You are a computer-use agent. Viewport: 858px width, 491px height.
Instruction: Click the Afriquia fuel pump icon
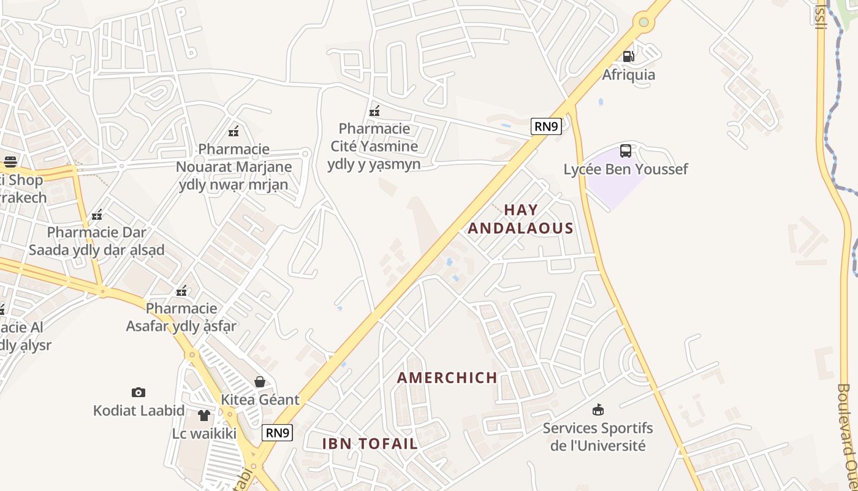click(x=628, y=56)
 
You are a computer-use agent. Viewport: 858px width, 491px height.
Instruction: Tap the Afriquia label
click(x=628, y=75)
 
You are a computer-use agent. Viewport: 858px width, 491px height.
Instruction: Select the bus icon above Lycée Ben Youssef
click(x=625, y=151)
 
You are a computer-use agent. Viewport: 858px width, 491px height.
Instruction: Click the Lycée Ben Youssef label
click(x=625, y=169)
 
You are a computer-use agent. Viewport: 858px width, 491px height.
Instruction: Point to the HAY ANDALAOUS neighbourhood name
click(x=520, y=219)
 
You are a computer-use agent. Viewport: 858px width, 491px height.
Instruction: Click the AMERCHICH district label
click(x=447, y=377)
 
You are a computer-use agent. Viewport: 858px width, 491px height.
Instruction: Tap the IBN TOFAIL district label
click(x=370, y=443)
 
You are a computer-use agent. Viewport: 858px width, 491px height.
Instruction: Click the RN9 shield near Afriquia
click(x=546, y=127)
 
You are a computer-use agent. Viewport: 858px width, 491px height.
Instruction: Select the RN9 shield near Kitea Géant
click(x=277, y=433)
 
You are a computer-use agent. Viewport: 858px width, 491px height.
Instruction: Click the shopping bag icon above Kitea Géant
click(x=260, y=382)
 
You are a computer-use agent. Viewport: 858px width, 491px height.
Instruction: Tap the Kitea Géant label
click(x=260, y=400)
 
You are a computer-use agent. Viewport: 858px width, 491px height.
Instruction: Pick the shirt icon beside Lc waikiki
click(x=204, y=416)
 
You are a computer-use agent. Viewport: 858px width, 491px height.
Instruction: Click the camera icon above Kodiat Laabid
click(x=139, y=392)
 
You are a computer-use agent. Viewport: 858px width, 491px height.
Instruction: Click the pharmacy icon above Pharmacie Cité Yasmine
click(x=374, y=111)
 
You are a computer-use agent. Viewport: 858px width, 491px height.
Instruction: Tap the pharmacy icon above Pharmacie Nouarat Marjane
click(x=233, y=131)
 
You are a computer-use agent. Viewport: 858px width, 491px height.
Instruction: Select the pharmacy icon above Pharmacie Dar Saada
click(x=96, y=215)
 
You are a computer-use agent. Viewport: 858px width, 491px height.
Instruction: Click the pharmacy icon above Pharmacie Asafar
click(x=181, y=290)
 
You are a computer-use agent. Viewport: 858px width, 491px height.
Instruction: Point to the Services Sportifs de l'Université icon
click(x=598, y=409)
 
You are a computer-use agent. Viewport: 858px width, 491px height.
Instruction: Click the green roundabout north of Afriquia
click(x=643, y=23)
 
